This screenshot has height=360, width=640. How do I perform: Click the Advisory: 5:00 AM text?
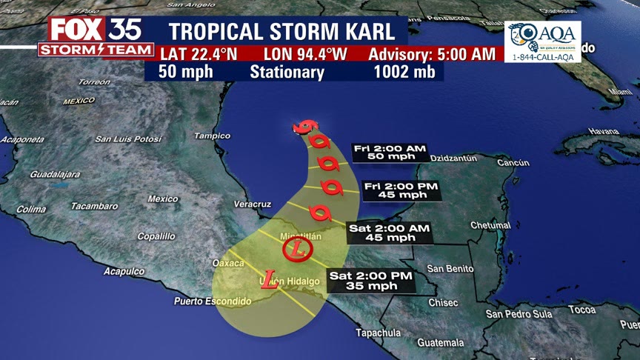point(421,54)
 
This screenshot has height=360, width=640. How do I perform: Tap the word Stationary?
point(287,72)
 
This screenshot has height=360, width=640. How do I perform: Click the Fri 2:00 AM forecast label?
point(390,153)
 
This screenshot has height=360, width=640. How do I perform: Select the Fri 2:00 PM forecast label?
point(401,190)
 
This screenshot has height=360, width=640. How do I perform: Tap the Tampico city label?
point(212,136)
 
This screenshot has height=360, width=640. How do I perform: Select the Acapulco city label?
point(124,271)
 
